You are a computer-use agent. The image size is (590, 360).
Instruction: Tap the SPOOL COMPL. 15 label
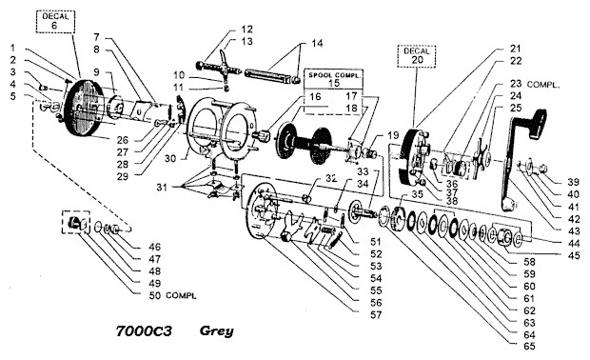coord(334,79)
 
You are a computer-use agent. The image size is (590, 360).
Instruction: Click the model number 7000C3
coord(144,330)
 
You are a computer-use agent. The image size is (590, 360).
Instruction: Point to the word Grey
coord(216,330)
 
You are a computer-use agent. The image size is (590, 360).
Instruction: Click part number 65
coord(529,346)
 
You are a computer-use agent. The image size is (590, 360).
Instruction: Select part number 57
coord(376,315)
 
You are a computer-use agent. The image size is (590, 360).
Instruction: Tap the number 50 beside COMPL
coord(155,295)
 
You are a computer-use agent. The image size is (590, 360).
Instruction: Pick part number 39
coord(573,182)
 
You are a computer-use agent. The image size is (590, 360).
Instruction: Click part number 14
coord(317,43)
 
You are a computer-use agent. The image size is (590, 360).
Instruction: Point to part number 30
coord(170,158)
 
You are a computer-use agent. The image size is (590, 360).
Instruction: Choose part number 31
coord(162,188)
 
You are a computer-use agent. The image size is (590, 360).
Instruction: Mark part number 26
coord(123,140)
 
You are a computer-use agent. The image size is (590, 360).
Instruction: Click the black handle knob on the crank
coord(538,123)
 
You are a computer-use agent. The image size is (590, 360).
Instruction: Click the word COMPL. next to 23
coord(543,85)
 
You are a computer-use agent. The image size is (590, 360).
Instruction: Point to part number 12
coord(247,30)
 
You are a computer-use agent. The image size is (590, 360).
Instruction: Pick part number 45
coord(574,255)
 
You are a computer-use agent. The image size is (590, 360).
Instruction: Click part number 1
coord(12,48)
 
